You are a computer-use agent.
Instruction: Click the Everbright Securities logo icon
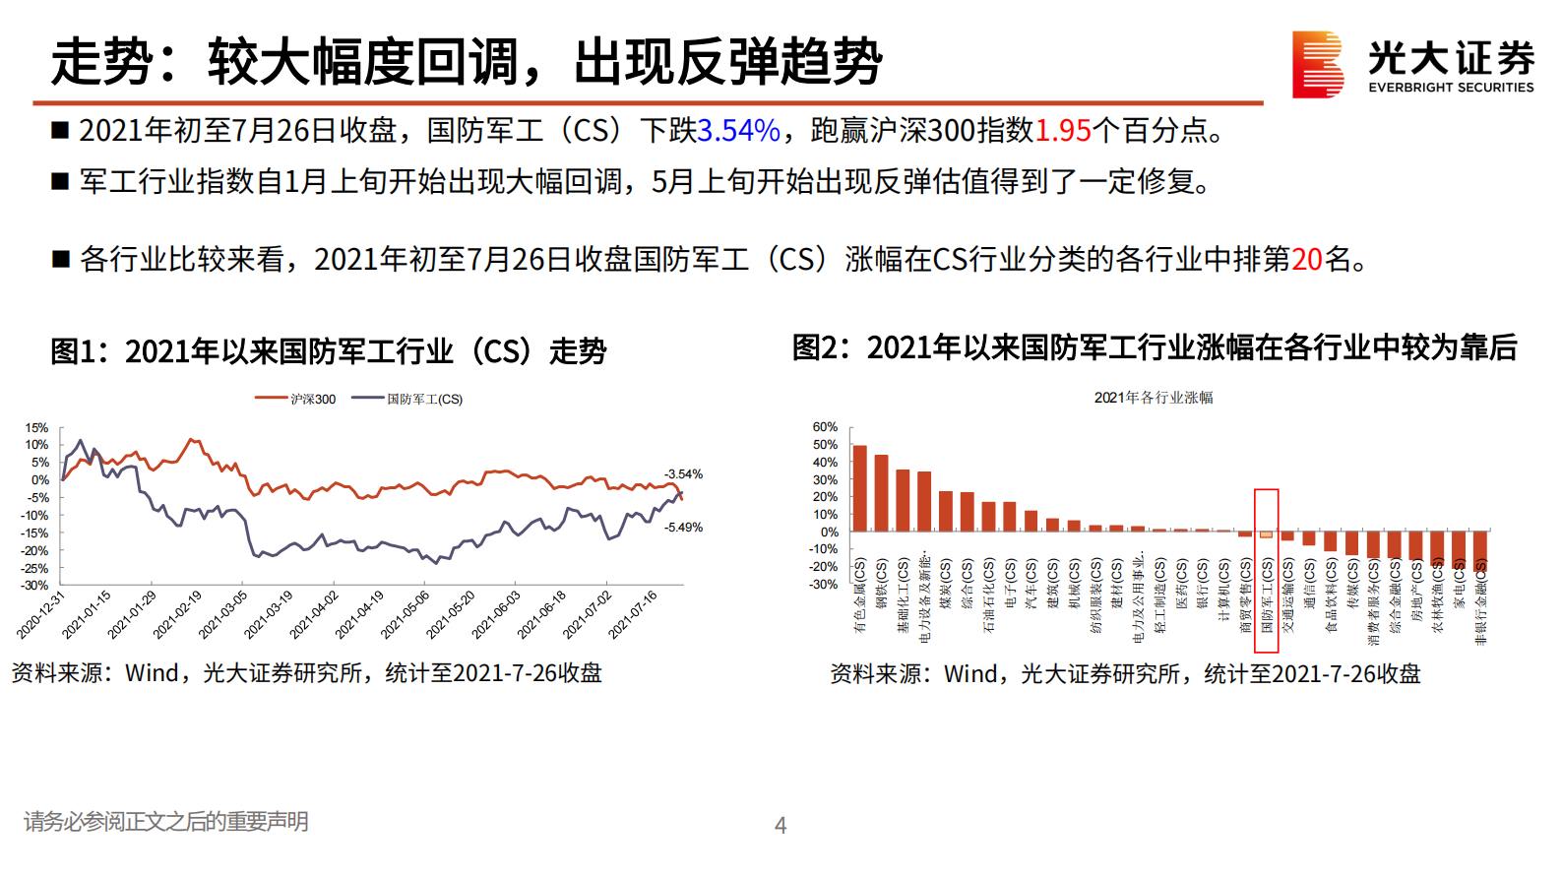pyautogui.click(x=1317, y=64)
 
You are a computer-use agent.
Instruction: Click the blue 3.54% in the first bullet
pyautogui.click(x=738, y=131)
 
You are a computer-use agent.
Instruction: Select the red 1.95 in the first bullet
pyautogui.click(x=1063, y=131)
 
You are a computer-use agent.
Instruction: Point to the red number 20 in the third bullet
pyautogui.click(x=1306, y=260)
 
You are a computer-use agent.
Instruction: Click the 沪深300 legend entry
pyautogui.click(x=296, y=399)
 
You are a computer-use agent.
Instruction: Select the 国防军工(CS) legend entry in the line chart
pyautogui.click(x=408, y=399)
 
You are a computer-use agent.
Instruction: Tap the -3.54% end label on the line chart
pyautogui.click(x=683, y=474)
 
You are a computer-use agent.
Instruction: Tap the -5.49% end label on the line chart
pyautogui.click(x=683, y=528)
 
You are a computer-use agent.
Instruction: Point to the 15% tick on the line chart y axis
pyautogui.click(x=36, y=428)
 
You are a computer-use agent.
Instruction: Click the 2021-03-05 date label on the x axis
pyautogui.click(x=223, y=615)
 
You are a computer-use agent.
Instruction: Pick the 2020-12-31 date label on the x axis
pyautogui.click(x=41, y=615)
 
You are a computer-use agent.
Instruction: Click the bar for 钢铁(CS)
pyautogui.click(x=882, y=493)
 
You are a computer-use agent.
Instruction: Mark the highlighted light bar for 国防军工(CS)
pyautogui.click(x=1267, y=534)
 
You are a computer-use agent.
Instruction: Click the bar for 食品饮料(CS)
pyautogui.click(x=1331, y=541)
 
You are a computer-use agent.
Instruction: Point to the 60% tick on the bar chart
pyautogui.click(x=825, y=427)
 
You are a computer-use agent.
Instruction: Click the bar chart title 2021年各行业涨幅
pyautogui.click(x=1154, y=398)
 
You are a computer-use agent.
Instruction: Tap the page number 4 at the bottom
pyautogui.click(x=781, y=826)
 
